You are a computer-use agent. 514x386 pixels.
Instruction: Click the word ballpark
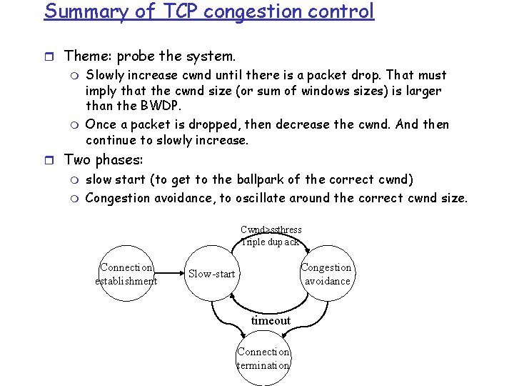(x=266, y=179)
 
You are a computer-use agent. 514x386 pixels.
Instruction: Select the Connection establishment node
(x=126, y=274)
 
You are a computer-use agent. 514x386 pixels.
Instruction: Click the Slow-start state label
(x=211, y=274)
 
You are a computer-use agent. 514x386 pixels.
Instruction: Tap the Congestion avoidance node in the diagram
(x=326, y=274)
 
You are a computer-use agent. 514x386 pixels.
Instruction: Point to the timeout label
(x=271, y=320)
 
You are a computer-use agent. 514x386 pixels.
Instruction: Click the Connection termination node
(x=263, y=359)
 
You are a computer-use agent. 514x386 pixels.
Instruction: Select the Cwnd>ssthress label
(x=271, y=229)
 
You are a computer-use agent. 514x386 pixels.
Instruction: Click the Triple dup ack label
(x=271, y=242)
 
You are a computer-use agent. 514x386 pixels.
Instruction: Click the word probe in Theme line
(x=136, y=56)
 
